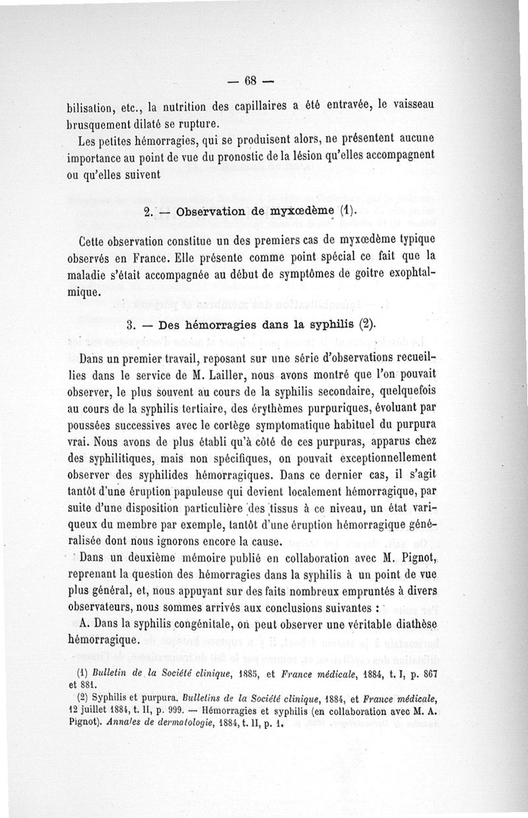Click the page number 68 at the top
pos(250,82)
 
